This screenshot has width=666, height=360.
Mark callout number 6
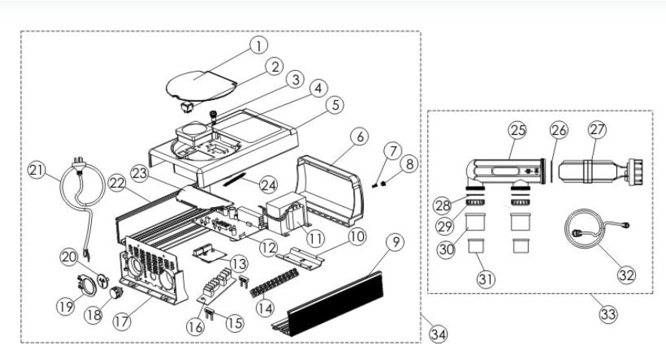pyautogui.click(x=359, y=138)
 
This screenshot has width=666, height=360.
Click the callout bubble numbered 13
pyautogui.click(x=238, y=264)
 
